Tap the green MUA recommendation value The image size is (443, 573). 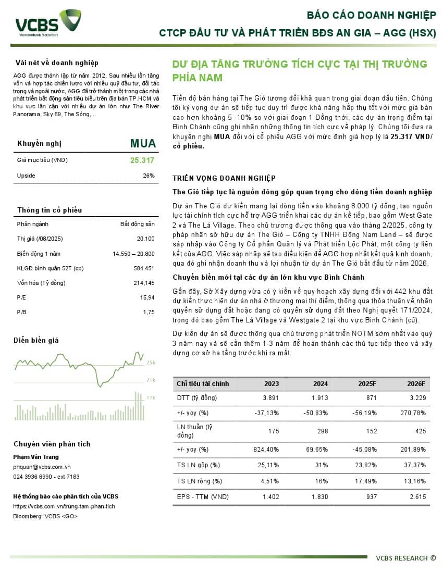[142, 143]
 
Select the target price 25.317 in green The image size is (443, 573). [142, 160]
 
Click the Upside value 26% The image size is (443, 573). [149, 176]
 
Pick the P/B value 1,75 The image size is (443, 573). [149, 312]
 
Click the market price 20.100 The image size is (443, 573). [145, 239]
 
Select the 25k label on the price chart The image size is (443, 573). [151, 363]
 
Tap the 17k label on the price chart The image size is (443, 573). [151, 397]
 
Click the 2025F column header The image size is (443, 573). [367, 384]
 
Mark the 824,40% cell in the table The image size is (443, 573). [265, 449]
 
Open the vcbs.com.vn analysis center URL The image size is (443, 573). [64, 506]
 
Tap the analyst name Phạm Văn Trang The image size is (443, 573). [36, 457]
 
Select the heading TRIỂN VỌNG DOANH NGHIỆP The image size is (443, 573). [224, 178]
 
